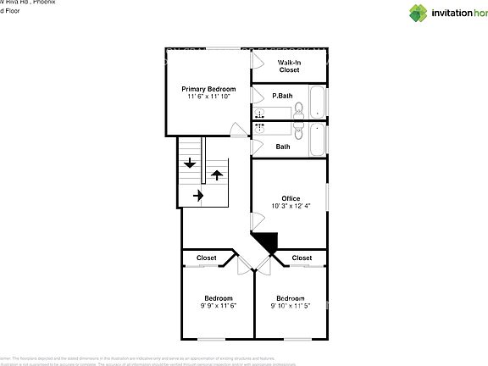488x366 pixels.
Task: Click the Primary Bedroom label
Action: (208, 88)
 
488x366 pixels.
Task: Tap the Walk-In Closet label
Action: (289, 66)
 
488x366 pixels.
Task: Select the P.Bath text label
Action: (282, 97)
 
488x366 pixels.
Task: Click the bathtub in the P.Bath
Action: (317, 103)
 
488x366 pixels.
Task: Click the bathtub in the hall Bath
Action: (317, 140)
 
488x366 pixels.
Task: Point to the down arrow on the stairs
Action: (189, 163)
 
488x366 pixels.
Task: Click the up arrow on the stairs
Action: (217, 175)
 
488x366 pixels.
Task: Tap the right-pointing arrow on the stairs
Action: (198, 196)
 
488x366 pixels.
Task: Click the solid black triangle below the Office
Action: (267, 242)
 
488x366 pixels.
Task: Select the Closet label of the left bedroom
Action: (206, 258)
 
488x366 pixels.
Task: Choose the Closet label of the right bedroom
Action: (302, 258)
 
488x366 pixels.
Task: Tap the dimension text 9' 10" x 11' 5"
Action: (290, 305)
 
